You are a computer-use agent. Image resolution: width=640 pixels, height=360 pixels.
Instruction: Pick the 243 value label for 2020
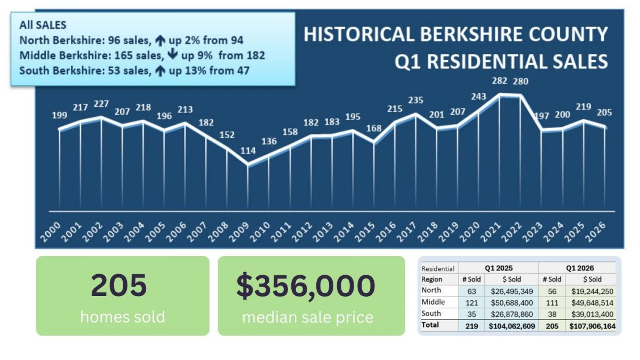coord(479,97)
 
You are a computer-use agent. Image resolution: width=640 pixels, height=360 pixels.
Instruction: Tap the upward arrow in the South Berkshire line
coord(159,71)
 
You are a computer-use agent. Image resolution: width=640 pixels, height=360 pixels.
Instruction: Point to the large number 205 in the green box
coord(118,285)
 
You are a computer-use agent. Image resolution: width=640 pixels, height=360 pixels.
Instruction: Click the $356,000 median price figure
coord(306,285)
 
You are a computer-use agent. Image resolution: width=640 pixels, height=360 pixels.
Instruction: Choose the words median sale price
coord(307,317)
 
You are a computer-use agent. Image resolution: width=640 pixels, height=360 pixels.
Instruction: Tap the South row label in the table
coord(431,313)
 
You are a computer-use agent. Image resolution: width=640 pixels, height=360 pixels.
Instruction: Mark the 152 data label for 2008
coord(227,135)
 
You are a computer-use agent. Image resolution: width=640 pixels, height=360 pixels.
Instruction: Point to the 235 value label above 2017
coord(416,100)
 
